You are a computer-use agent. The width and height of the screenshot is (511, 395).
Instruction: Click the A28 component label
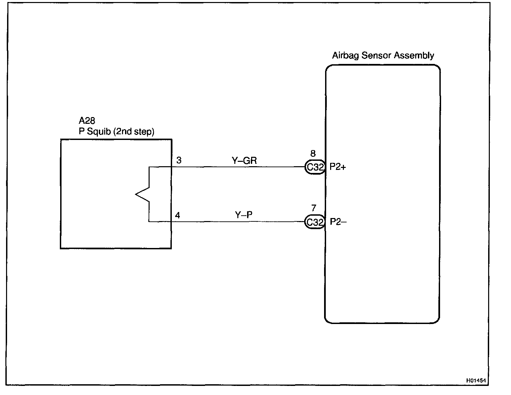tap(87, 121)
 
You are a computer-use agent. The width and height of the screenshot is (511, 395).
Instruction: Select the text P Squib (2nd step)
tap(116, 131)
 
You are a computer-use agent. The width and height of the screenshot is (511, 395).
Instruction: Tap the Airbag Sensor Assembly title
tap(383, 56)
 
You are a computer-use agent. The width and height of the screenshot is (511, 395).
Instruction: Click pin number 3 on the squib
tap(179, 160)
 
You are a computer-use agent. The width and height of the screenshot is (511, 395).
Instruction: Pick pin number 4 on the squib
tap(178, 215)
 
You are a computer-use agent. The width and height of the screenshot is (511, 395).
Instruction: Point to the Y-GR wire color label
tap(244, 161)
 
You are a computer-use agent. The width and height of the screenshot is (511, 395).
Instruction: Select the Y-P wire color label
tap(244, 215)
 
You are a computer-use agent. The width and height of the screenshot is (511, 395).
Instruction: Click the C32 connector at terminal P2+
tap(315, 167)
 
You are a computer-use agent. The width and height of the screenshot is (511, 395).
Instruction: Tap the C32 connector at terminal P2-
tap(315, 222)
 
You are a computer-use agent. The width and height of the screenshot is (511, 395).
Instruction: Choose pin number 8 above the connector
tap(313, 154)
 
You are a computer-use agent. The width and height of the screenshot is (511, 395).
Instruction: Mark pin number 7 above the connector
tap(314, 209)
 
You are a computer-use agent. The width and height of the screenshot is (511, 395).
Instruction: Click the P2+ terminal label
tap(338, 167)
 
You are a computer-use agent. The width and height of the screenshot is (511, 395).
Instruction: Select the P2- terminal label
tap(338, 222)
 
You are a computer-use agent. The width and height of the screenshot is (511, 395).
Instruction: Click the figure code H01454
tap(476, 381)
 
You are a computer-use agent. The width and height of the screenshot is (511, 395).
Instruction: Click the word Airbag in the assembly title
tap(345, 56)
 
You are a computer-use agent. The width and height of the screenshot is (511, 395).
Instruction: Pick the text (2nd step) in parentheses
tap(134, 131)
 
